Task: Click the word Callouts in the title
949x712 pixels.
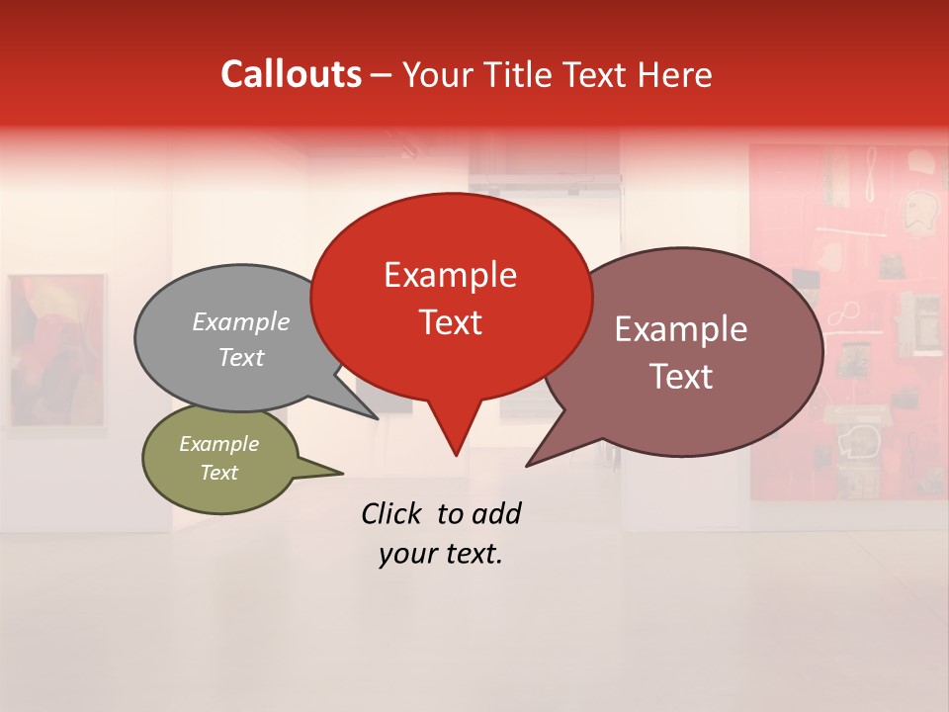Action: click(291, 74)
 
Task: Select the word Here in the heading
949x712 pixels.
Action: click(675, 74)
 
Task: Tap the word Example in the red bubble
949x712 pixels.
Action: click(450, 275)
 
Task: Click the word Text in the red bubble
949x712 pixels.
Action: click(450, 322)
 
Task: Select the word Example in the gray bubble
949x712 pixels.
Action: click(241, 321)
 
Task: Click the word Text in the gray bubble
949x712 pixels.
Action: click(241, 357)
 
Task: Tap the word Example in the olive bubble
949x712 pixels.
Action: click(218, 444)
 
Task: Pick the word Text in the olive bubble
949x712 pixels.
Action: click(218, 473)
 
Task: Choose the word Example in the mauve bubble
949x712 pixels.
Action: click(681, 329)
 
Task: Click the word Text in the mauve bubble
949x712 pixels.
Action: click(681, 377)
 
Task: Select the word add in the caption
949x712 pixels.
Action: click(496, 513)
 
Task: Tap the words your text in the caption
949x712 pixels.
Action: click(441, 555)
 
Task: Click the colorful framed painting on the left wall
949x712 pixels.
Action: click(56, 353)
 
